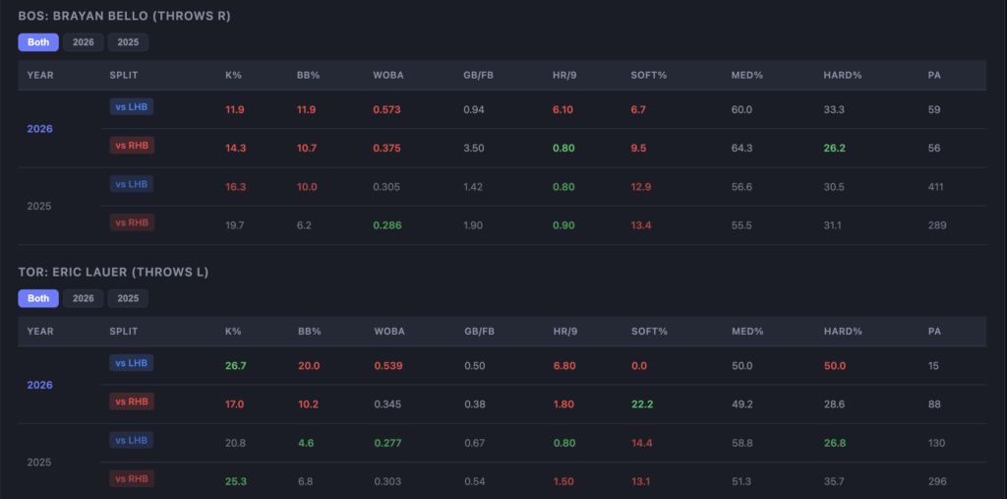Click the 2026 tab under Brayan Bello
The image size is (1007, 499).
pos(84,42)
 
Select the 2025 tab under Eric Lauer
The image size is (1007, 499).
pos(128,298)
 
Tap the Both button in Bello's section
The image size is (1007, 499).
pos(38,42)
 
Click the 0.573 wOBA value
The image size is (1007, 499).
pos(387,109)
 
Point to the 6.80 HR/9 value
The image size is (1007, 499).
pos(563,365)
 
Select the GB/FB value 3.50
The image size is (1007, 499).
pos(474,148)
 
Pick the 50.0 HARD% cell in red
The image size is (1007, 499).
pos(835,365)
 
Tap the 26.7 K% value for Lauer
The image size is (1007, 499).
pos(236,365)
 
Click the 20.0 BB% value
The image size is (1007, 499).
pos(308,365)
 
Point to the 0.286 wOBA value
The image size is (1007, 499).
pos(387,225)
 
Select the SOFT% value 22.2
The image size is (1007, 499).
pos(642,404)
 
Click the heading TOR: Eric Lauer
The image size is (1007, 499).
pos(113,272)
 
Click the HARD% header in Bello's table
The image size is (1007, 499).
pos(839,75)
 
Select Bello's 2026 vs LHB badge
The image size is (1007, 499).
pos(132,106)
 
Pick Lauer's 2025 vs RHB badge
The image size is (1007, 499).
pos(132,478)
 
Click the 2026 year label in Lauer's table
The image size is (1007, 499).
pos(40,385)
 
